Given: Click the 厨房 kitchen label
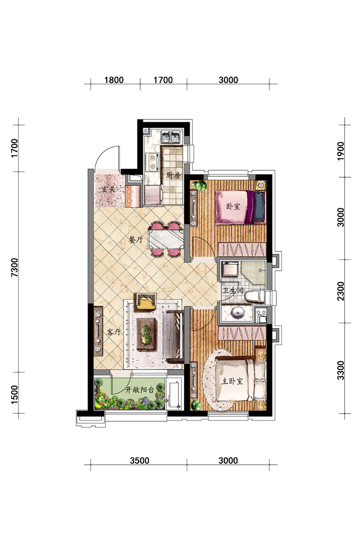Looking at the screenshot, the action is pyautogui.click(x=173, y=176).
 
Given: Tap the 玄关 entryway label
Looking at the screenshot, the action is pyautogui.click(x=107, y=189).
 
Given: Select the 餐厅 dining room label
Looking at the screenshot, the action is pyautogui.click(x=136, y=239).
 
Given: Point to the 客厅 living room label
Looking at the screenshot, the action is pyautogui.click(x=113, y=332).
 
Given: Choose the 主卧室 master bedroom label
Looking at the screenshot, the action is pyautogui.click(x=232, y=381).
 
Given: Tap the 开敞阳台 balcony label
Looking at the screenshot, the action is pyautogui.click(x=139, y=390).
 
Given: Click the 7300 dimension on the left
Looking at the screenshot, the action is pyautogui.click(x=14, y=267).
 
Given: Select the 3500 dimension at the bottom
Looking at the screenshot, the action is pyautogui.click(x=140, y=460).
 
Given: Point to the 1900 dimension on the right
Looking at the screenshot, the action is pyautogui.click(x=340, y=151).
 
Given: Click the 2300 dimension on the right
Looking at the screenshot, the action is pyautogui.click(x=340, y=291).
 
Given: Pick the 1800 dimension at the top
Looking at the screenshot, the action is pyautogui.click(x=114, y=80).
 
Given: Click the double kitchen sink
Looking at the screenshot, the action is pyautogui.click(x=171, y=137).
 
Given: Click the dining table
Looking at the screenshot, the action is pyautogui.click(x=166, y=239).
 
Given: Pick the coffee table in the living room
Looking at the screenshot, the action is pyautogui.click(x=147, y=334).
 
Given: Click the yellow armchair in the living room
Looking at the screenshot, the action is pyautogui.click(x=146, y=302).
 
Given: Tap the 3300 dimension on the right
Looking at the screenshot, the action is pyautogui.click(x=340, y=370).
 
